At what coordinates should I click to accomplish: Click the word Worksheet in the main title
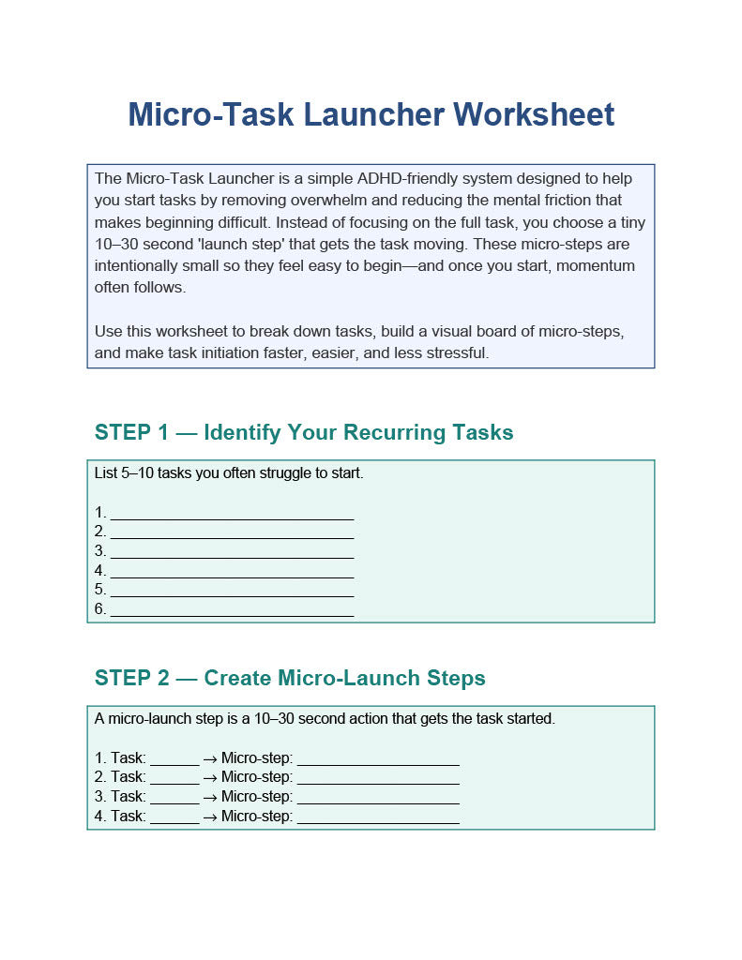[x=533, y=114]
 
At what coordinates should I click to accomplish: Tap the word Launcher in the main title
[x=373, y=114]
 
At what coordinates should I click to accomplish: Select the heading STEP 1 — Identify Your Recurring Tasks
[x=304, y=432]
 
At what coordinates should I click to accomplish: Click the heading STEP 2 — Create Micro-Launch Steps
[x=290, y=678]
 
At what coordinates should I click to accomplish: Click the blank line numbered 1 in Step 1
[x=233, y=519]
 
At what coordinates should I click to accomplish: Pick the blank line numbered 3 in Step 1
[x=233, y=558]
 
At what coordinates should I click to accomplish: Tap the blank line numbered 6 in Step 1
[x=233, y=616]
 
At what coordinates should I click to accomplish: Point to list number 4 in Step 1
[x=100, y=571]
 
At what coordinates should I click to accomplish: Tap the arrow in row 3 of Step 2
[x=210, y=799]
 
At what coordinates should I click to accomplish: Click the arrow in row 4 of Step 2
[x=210, y=817]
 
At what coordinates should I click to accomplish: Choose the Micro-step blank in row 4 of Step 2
[x=378, y=823]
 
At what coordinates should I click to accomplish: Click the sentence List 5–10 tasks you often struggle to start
[x=229, y=473]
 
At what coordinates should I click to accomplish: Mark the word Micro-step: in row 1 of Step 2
[x=257, y=757]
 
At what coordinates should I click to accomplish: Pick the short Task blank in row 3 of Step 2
[x=174, y=803]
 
